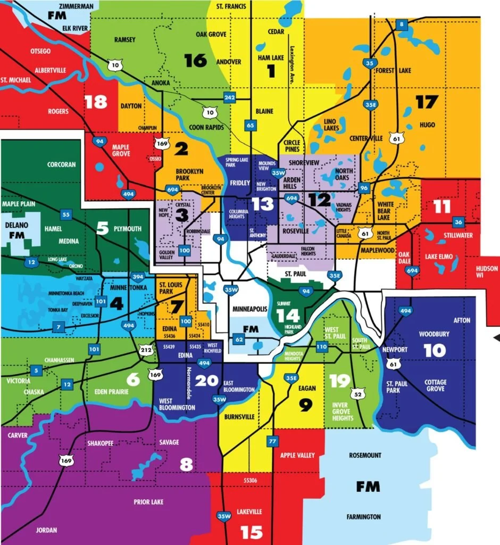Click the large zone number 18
point(96,102)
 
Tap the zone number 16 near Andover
point(195,61)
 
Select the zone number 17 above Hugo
point(427,101)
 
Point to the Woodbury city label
point(434,334)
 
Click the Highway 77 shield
point(273,441)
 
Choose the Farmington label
point(364,517)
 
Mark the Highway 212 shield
point(146,350)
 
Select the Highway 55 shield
point(65,214)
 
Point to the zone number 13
point(262,204)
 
